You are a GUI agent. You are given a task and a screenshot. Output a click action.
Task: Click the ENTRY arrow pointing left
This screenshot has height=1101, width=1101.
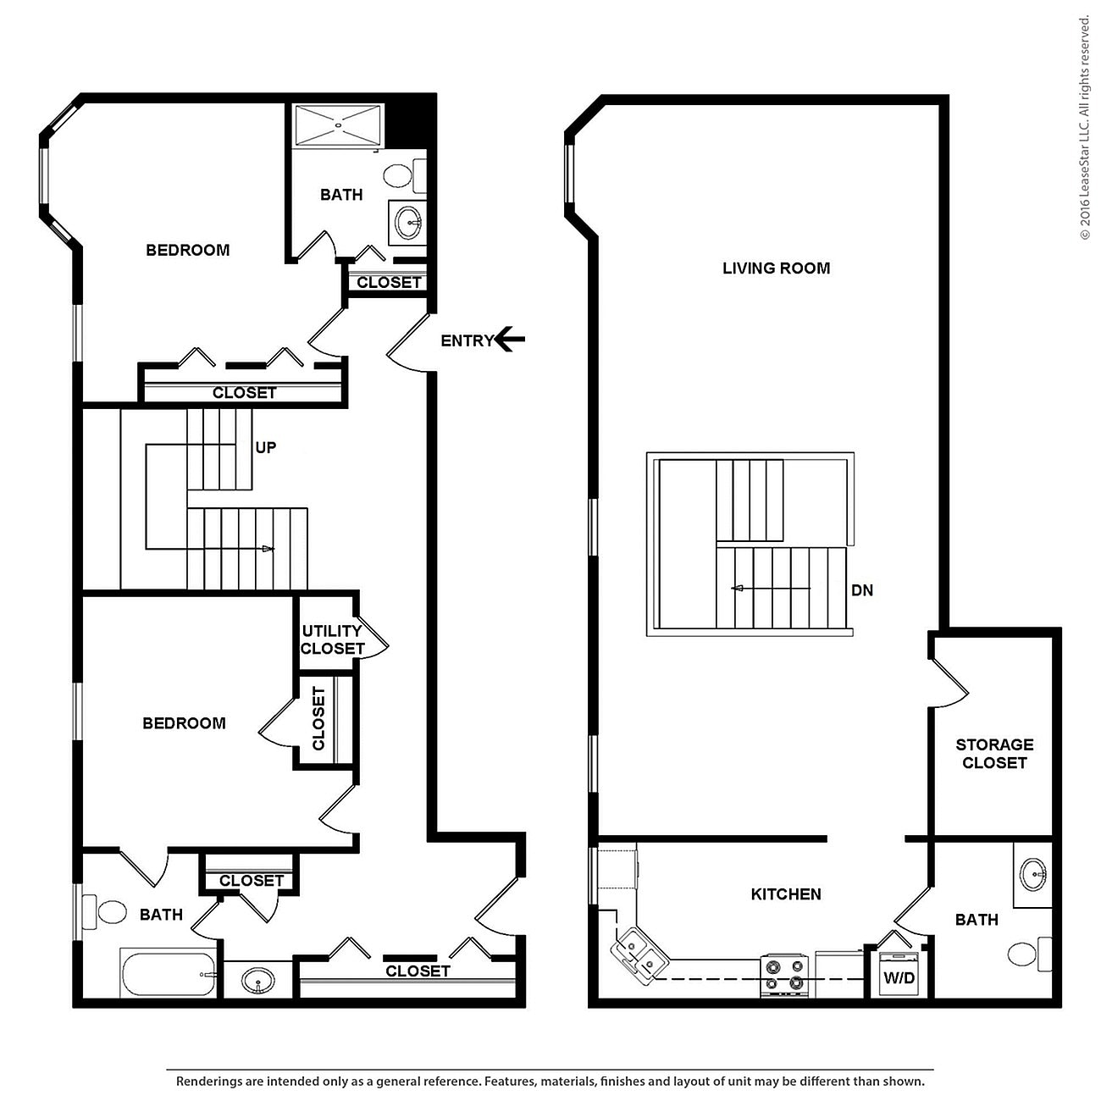tap(510, 340)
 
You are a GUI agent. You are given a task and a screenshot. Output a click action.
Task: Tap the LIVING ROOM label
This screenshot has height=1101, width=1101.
tap(776, 268)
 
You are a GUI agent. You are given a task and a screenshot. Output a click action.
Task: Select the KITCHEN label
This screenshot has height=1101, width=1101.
tap(786, 894)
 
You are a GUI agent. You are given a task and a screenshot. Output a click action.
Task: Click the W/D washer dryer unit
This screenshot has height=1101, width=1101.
tap(899, 974)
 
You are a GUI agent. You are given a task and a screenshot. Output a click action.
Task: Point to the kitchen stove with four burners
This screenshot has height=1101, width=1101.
tap(783, 974)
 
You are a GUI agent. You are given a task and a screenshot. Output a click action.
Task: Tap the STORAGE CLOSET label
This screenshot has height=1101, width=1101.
tap(994, 754)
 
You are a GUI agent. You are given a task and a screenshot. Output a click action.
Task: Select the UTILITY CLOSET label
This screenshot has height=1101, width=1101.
tap(332, 640)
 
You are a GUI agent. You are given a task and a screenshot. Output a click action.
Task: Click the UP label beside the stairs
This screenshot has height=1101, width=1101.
tap(266, 447)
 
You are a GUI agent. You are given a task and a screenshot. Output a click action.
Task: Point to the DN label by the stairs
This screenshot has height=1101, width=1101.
tap(862, 590)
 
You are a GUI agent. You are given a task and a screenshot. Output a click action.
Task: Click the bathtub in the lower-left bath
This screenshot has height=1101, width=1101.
tap(169, 975)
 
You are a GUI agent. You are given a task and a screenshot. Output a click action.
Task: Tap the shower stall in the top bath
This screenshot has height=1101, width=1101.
tap(338, 124)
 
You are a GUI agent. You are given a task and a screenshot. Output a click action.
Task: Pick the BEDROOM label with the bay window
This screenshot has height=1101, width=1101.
tap(188, 251)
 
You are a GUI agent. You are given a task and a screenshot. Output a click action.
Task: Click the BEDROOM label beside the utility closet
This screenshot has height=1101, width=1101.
tap(184, 723)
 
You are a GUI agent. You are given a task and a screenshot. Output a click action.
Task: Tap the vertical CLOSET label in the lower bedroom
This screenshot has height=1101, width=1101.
tap(318, 719)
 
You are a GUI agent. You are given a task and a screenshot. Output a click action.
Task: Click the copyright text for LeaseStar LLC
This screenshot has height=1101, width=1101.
tap(1084, 127)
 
